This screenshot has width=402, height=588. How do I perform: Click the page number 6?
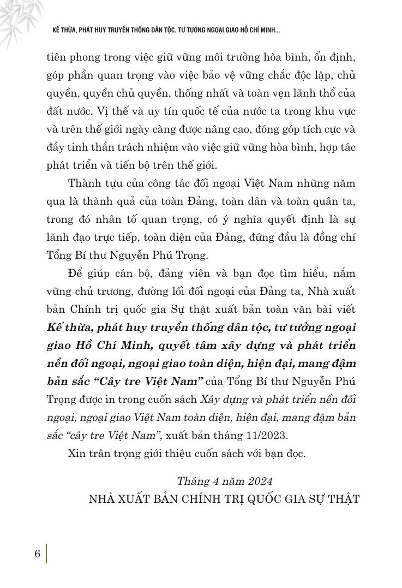(x=37, y=553)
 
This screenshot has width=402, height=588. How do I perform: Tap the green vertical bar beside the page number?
(x=47, y=553)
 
